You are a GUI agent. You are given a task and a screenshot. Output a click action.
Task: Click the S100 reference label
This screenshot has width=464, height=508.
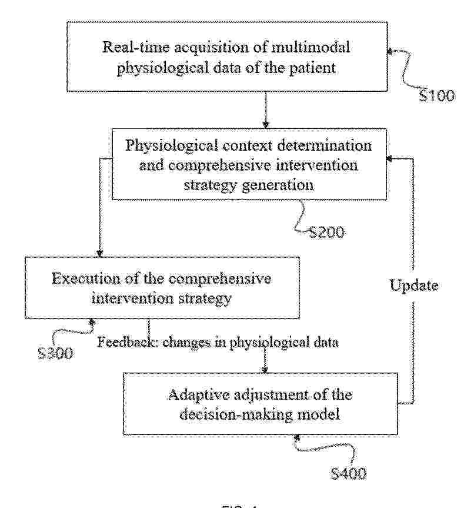[x=436, y=96]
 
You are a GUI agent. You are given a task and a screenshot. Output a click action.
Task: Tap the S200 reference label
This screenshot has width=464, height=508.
[x=327, y=233]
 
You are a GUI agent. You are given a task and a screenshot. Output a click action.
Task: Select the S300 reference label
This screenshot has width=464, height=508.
[x=55, y=353]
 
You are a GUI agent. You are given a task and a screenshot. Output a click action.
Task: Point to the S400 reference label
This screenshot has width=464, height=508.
[x=349, y=474]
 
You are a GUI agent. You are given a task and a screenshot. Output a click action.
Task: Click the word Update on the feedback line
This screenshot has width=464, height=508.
[x=414, y=285]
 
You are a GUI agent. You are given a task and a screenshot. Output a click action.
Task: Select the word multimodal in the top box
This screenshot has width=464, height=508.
[x=311, y=47]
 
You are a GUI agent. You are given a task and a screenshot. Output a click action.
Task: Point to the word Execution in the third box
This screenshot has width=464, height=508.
[x=85, y=278]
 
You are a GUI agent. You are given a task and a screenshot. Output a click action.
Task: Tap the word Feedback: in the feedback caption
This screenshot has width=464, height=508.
[x=128, y=342]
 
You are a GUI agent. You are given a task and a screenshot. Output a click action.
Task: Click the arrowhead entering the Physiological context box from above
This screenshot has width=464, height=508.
[x=266, y=125]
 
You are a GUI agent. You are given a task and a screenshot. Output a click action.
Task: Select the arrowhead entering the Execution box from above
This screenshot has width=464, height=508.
[x=99, y=253]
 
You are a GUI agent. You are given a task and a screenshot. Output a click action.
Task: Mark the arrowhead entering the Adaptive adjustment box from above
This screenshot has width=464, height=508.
[x=265, y=369]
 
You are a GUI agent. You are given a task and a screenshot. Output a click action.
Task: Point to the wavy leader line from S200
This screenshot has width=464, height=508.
[x=301, y=217]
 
